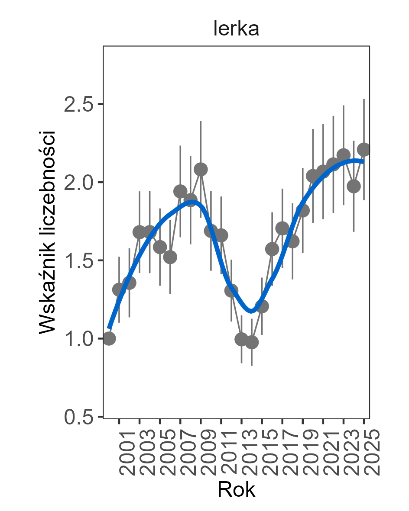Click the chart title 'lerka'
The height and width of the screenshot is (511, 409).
236,29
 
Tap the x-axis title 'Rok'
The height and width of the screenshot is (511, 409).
236,490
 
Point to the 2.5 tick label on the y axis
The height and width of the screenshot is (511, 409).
78,105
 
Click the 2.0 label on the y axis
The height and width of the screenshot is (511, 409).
78,183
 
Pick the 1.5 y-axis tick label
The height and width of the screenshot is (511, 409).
78,261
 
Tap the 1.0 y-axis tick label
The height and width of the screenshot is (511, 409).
78,339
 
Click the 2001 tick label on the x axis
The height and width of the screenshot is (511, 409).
126,452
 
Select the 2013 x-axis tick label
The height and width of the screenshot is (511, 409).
248,452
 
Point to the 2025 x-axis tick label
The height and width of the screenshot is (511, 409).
370,452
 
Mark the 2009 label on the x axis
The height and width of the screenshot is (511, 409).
208,452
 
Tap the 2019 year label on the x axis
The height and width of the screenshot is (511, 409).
309,452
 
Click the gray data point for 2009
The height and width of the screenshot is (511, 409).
201,169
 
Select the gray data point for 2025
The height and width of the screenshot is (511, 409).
364,149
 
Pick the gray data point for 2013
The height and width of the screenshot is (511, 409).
241,339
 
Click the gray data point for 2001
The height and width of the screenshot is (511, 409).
119,290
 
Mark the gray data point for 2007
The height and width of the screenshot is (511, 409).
180,191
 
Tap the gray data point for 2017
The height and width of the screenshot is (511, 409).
282,228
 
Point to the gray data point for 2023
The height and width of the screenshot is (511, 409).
344,155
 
